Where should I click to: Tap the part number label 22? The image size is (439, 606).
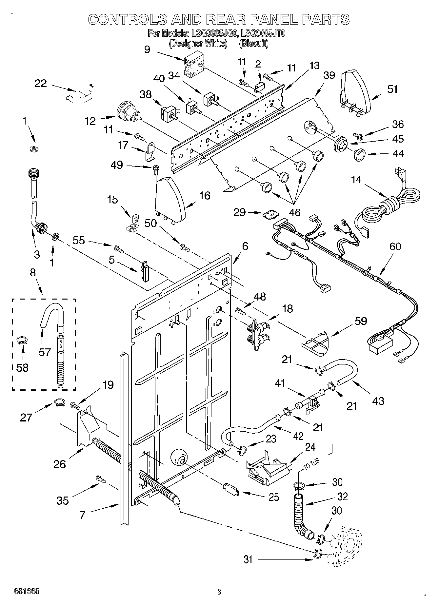point(41,84)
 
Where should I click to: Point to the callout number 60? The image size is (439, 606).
point(395,246)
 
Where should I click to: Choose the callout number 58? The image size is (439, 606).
point(22,367)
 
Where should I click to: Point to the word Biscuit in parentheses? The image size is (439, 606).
point(254,43)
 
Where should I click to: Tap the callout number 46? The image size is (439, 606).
point(295,212)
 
